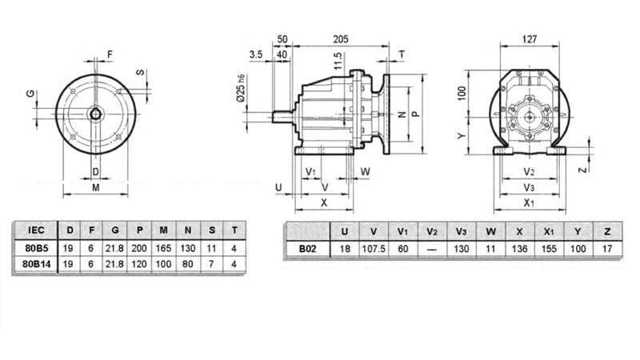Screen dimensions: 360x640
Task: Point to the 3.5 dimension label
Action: (x=256, y=54)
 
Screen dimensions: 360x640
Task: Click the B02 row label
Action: (x=307, y=248)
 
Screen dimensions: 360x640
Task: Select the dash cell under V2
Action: (x=432, y=248)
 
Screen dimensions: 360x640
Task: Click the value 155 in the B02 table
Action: (x=549, y=248)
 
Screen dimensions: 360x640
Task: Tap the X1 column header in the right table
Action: (x=549, y=231)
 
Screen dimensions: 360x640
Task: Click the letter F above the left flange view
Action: (x=110, y=54)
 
